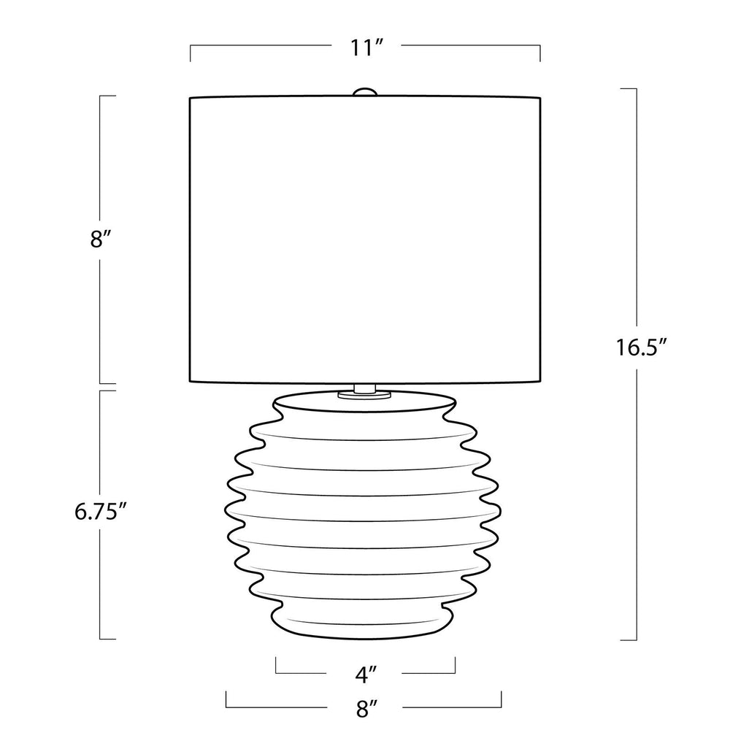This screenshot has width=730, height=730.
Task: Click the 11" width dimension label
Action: pos(366,47)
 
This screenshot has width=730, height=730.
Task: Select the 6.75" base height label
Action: pos(101,512)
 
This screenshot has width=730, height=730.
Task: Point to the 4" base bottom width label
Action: pos(366,675)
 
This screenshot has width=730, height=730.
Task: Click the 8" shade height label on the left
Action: pos(101,239)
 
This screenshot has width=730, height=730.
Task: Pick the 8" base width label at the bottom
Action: pos(366,709)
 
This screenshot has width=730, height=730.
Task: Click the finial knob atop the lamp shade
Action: pos(364,92)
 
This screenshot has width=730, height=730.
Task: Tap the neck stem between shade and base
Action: pos(364,388)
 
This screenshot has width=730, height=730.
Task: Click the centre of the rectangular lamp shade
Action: pos(365,239)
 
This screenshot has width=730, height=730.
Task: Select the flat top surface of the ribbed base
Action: pos(364,402)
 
